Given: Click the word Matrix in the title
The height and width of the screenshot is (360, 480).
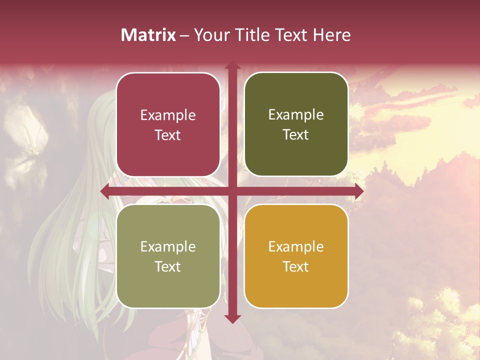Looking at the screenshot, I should point(148,35).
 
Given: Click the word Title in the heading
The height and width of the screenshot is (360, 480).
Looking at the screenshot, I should point(253,35).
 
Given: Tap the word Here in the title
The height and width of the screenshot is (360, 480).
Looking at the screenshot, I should point(332,35).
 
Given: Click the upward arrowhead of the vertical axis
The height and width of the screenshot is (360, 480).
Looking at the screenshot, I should point(232,65).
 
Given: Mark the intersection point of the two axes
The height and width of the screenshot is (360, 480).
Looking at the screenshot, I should point(232,191).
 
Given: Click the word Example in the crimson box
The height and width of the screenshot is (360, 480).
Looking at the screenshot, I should point(168,115).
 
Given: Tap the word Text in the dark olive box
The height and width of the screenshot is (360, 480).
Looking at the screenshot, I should point(296,135).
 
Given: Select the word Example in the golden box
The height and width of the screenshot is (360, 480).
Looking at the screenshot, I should point(296,246).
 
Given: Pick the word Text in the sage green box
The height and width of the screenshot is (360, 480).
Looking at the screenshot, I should point(168,266).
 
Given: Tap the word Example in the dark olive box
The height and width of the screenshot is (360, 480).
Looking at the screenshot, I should point(296,115).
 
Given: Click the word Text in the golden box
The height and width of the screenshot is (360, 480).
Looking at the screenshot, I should point(296,266).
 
